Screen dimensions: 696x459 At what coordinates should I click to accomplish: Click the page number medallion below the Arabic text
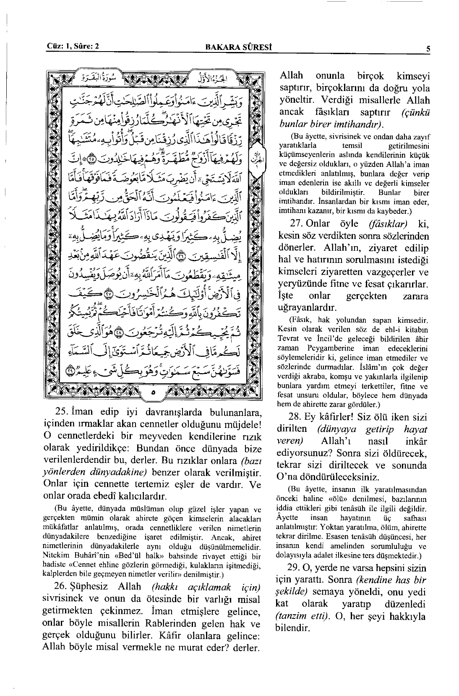[x=153, y=392]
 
